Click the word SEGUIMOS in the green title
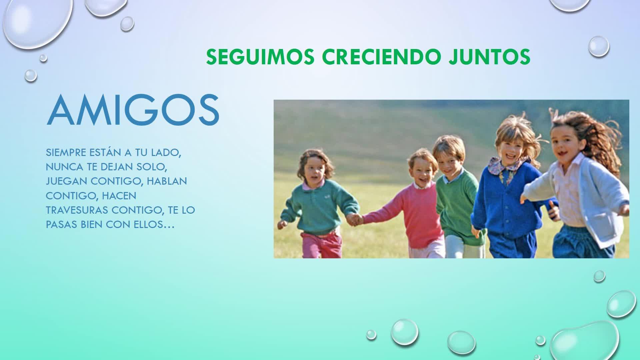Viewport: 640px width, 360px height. (x=260, y=57)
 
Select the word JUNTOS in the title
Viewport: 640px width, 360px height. (x=489, y=57)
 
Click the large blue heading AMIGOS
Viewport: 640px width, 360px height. (x=133, y=110)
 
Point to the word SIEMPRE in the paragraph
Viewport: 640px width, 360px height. (x=66, y=152)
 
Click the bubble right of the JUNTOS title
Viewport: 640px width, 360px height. (x=599, y=46)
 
